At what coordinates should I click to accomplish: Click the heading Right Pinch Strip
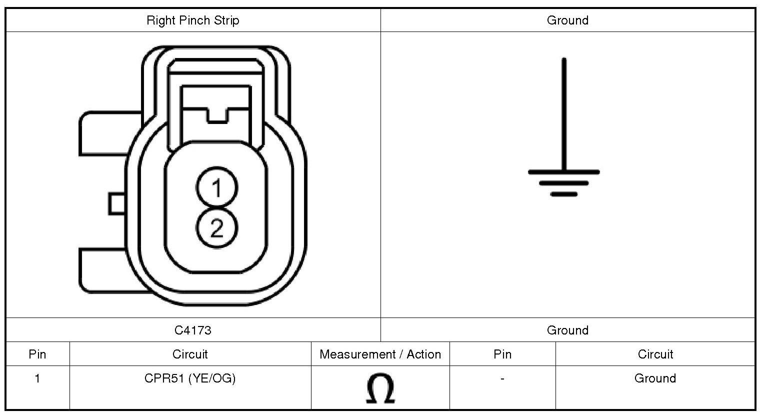tap(193, 20)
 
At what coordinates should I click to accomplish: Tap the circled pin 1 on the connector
tap(216, 187)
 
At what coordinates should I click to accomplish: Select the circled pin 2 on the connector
tap(216, 227)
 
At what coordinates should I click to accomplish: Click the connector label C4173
tap(193, 330)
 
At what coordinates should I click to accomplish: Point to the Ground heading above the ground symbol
tap(567, 20)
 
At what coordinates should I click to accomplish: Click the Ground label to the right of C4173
tap(567, 330)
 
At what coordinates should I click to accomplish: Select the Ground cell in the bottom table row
tap(655, 378)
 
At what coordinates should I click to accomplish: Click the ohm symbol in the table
tap(380, 388)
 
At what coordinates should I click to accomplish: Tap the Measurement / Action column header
tap(380, 354)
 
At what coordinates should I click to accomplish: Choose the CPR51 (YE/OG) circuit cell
tap(190, 378)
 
